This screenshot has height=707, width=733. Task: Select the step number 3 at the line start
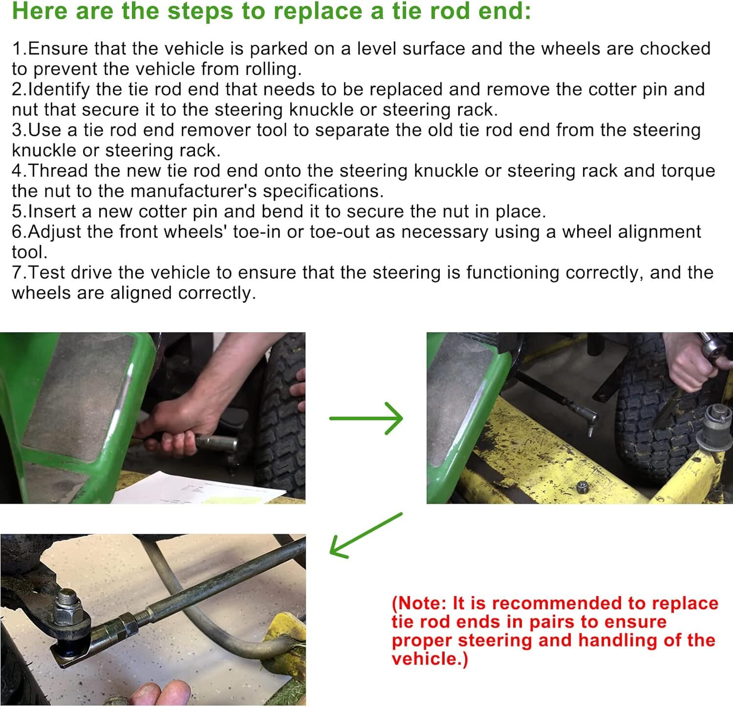(17, 130)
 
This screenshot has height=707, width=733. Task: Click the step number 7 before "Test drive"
(17, 273)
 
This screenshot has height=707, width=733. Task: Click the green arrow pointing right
(366, 418)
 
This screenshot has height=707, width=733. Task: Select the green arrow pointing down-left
(366, 535)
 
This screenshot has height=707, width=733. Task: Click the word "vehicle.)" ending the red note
(430, 659)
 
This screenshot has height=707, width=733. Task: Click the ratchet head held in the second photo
(713, 346)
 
